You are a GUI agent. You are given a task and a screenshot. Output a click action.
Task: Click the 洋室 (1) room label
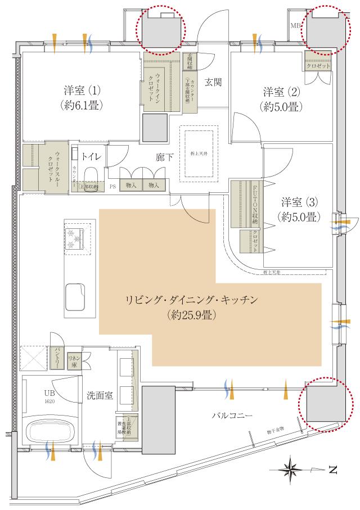[x=82, y=90]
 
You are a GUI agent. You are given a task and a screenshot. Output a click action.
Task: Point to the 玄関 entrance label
[x=213, y=82]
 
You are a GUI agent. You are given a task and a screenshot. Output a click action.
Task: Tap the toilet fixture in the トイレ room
[x=91, y=179]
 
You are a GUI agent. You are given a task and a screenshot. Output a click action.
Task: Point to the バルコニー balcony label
[x=231, y=416]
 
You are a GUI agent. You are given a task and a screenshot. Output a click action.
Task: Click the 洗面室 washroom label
[x=100, y=395]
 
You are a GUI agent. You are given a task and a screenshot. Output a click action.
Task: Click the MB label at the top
[x=295, y=26]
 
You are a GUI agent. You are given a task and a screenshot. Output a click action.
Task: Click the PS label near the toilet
[x=112, y=186]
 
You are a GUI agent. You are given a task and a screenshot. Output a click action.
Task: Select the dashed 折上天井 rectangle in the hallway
[x=198, y=153]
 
